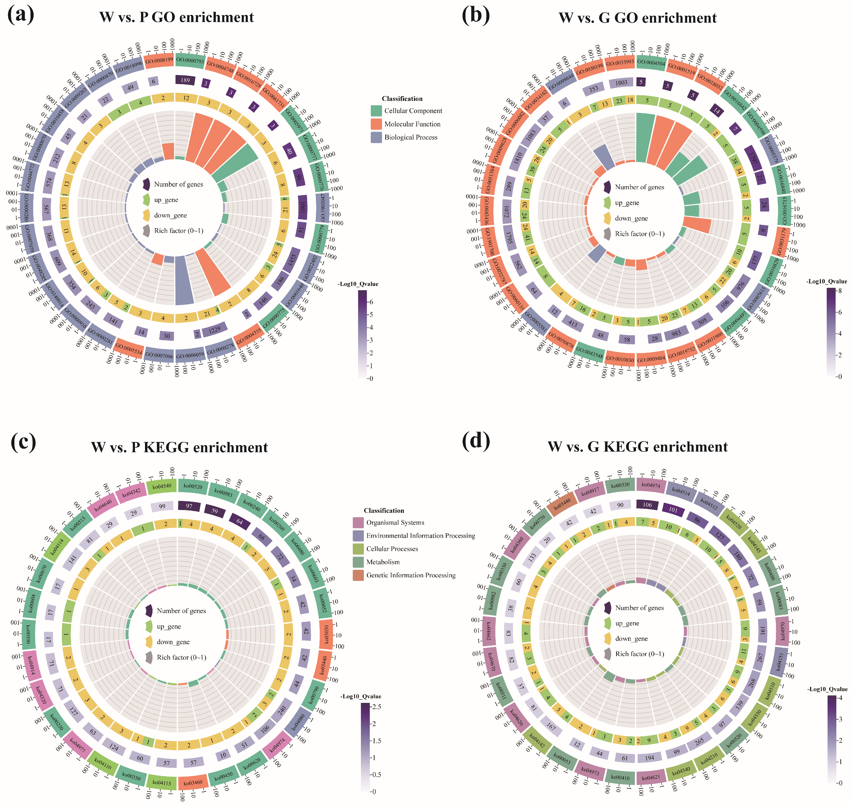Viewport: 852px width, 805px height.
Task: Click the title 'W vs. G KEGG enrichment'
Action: [637, 447]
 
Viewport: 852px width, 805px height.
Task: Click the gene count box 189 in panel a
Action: [185, 80]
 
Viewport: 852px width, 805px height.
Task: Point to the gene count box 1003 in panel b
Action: [621, 83]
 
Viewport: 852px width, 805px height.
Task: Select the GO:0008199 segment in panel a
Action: [159, 61]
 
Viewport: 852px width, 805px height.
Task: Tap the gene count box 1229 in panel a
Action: [215, 330]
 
